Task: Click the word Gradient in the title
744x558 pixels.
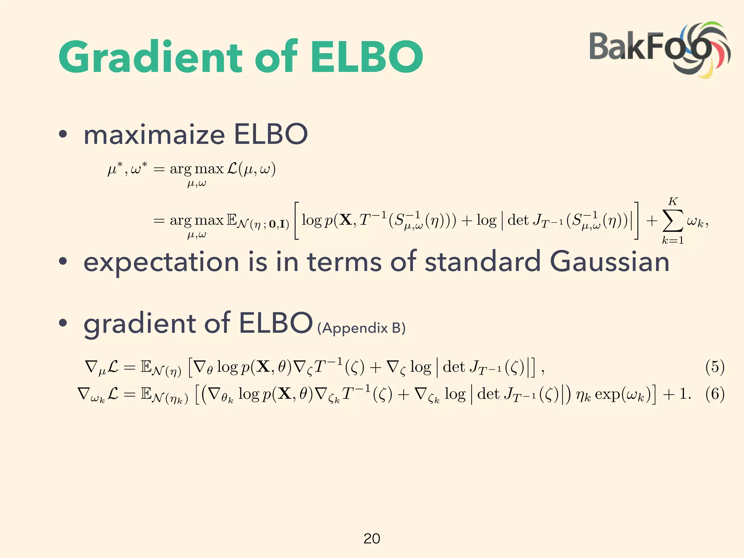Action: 150,57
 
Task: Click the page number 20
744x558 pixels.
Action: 372,538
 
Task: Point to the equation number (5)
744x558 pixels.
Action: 715,367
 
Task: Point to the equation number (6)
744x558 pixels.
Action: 715,394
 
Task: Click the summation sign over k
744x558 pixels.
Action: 673,221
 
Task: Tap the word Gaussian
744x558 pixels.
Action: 609,262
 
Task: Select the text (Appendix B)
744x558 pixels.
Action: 361,328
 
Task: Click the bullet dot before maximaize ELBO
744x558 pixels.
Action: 63,134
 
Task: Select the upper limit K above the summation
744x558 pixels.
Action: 673,201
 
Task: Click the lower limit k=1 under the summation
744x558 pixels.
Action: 673,240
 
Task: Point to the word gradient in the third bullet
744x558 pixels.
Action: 139,324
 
